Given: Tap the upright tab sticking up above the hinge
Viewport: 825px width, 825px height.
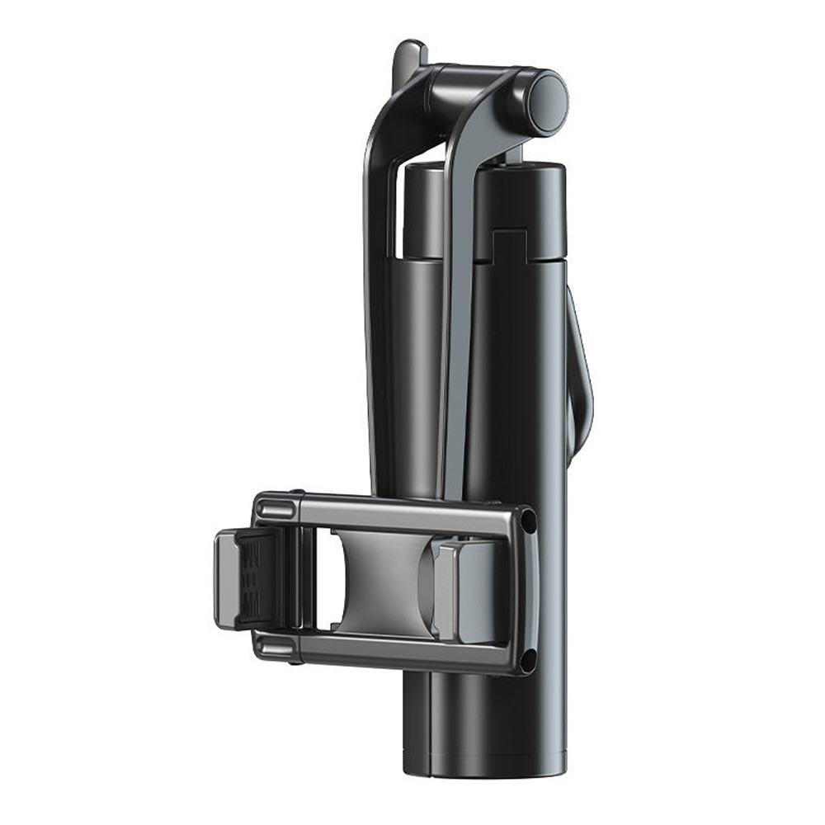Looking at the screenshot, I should click(409, 58).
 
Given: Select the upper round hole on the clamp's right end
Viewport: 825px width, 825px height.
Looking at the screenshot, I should click(528, 522).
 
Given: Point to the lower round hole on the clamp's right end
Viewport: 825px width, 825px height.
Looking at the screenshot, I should click(528, 657).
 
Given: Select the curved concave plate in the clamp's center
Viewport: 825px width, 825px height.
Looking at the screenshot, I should click(375, 582).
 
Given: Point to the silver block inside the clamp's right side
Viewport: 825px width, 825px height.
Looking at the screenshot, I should click(462, 590).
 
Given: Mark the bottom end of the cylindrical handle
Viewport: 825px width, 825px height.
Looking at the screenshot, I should click(487, 763).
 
